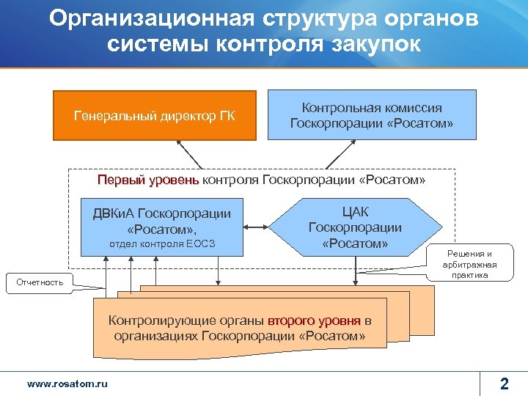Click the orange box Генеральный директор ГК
pos(154,115)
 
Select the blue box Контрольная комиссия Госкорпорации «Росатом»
pos(372,115)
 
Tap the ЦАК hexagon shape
pos(355,227)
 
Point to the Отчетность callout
pos(40,282)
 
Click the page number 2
pos(504,383)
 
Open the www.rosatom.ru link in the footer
pos(67,384)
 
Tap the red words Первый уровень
pos(148,180)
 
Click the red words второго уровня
pos(314,320)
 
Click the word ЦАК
pos(355,212)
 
